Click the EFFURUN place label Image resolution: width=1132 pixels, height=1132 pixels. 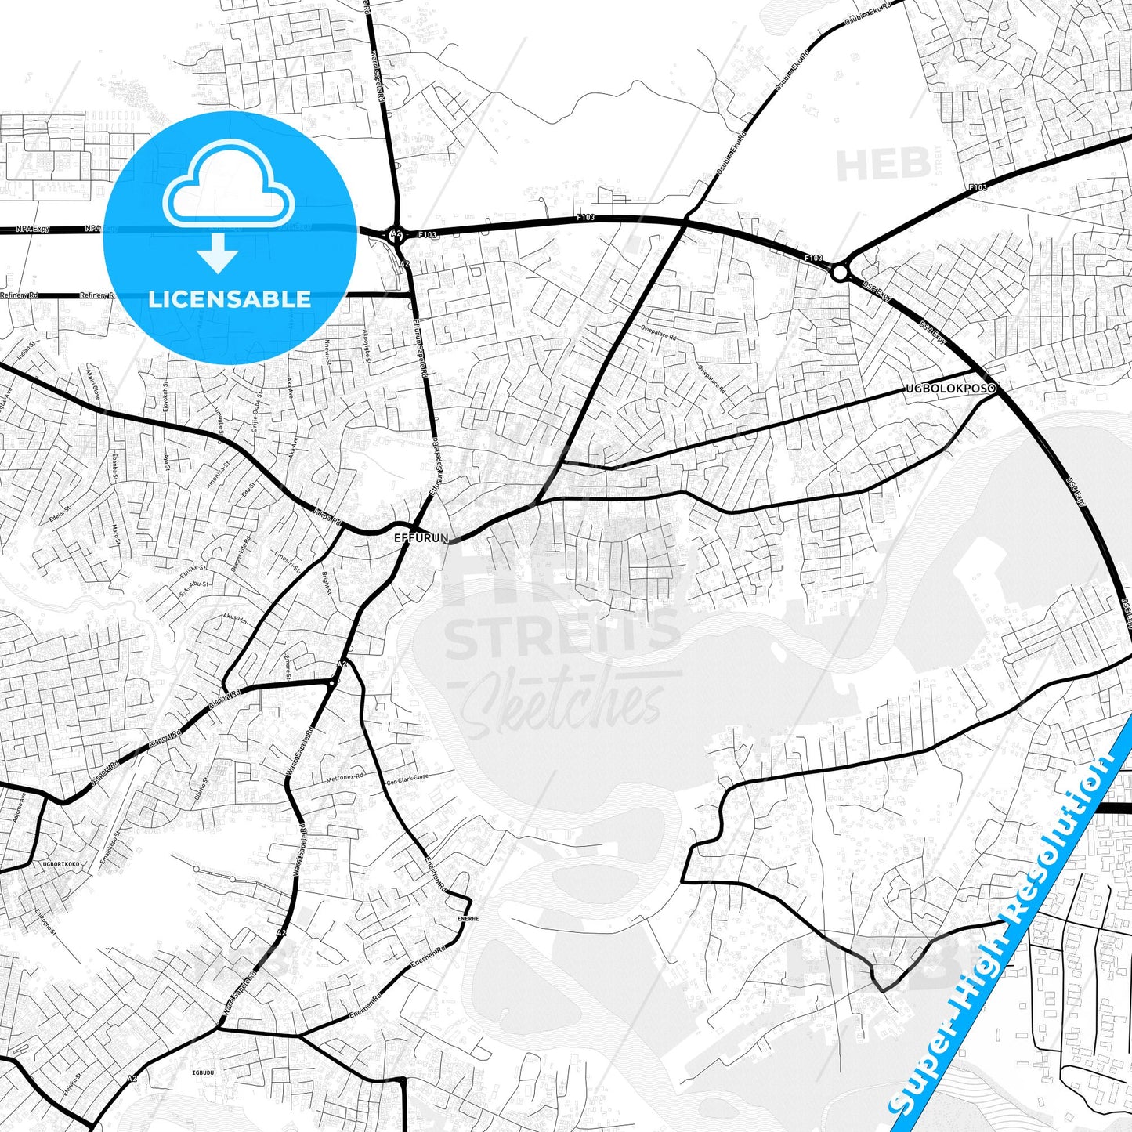421,538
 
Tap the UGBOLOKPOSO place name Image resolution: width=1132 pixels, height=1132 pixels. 950,389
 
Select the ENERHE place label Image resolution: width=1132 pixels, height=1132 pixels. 468,917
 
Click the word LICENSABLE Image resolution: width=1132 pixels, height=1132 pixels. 230,298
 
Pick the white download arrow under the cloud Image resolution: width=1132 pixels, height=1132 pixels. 218,251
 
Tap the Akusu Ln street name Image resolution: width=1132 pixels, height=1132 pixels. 234,618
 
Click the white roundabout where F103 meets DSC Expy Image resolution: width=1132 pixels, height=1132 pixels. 839,273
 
